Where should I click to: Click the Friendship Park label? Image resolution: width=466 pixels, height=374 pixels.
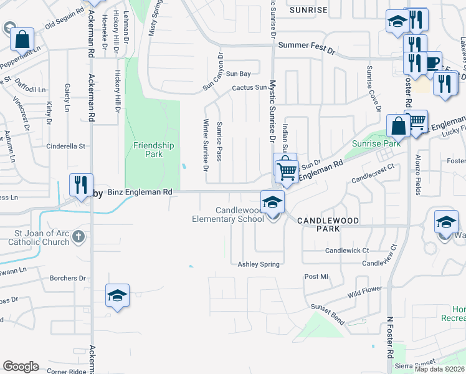(153, 150)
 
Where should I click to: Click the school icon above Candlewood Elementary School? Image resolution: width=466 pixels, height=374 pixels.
(272, 203)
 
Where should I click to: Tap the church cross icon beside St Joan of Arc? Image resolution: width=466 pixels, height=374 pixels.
(77, 236)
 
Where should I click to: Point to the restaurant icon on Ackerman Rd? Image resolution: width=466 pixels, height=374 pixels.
(81, 185)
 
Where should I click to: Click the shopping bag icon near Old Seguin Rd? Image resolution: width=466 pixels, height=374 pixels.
(21, 39)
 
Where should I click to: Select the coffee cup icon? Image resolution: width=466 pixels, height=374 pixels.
(431, 62)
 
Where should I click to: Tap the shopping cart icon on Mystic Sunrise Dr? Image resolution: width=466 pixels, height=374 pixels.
(287, 170)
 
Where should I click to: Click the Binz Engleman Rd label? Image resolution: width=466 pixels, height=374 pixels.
(140, 193)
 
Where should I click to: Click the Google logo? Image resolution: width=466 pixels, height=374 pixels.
(21, 366)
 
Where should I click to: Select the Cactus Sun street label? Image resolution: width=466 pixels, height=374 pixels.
(249, 88)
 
